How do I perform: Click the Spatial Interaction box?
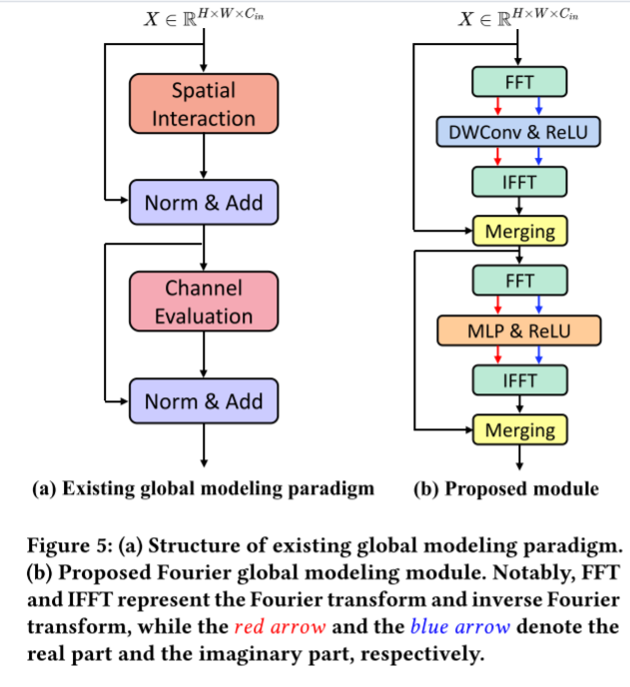tap(203, 105)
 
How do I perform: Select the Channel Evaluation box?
tap(203, 303)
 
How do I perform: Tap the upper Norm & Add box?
tap(203, 204)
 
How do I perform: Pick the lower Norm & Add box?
tap(203, 402)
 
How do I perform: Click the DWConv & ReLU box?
tap(519, 131)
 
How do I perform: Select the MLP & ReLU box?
tap(519, 330)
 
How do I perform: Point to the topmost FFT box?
tap(519, 82)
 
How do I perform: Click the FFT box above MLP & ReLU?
tap(519, 281)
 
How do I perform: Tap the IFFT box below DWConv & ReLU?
tap(519, 182)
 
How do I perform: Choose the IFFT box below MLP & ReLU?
tap(519, 380)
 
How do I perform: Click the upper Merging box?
tap(519, 233)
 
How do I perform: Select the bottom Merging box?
tap(519, 430)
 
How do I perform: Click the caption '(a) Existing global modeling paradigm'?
tap(203, 488)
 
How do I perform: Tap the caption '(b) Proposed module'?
tap(505, 488)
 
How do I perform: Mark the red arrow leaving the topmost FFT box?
tap(499, 106)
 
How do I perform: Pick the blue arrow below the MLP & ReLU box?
tap(538, 354)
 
